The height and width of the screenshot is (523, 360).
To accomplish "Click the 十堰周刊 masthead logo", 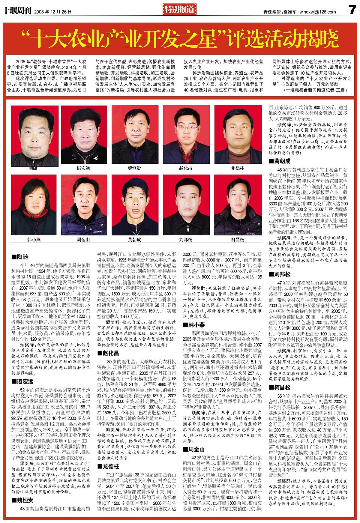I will (17, 11).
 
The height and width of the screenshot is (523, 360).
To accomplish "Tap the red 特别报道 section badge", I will (180, 10).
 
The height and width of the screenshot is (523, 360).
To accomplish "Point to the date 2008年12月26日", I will (53, 12).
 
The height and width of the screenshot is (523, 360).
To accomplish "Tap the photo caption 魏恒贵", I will (134, 168).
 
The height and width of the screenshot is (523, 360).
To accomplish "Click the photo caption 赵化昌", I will (185, 168).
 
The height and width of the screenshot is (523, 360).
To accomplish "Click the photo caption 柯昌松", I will (238, 239).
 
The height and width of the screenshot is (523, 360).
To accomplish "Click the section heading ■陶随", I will (20, 257).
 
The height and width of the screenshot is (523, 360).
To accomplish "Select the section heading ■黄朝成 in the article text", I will (280, 161).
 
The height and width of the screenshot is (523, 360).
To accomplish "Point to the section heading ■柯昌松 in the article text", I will (280, 387).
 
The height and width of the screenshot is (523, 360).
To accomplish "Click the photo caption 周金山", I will (83, 239).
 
